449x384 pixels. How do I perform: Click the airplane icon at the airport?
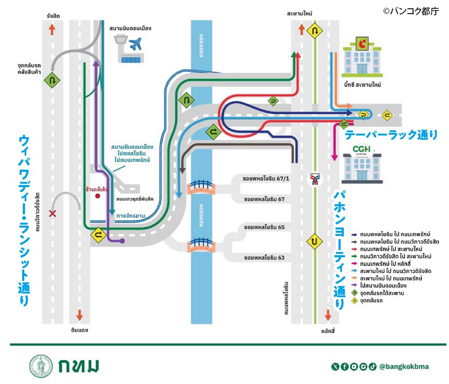[x=136, y=44]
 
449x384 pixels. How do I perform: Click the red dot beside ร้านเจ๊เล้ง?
[x=98, y=196]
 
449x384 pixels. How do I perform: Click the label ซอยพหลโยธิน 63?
[x=264, y=258]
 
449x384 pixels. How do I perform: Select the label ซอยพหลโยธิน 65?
[x=264, y=228]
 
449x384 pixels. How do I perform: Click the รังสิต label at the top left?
[x=53, y=16]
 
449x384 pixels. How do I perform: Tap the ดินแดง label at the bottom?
[x=79, y=329]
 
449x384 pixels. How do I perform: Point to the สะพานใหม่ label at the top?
[x=299, y=14]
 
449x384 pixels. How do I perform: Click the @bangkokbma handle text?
[x=404, y=366]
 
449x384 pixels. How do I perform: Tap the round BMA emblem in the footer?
[x=41, y=366]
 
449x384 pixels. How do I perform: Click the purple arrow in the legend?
[x=354, y=285]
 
